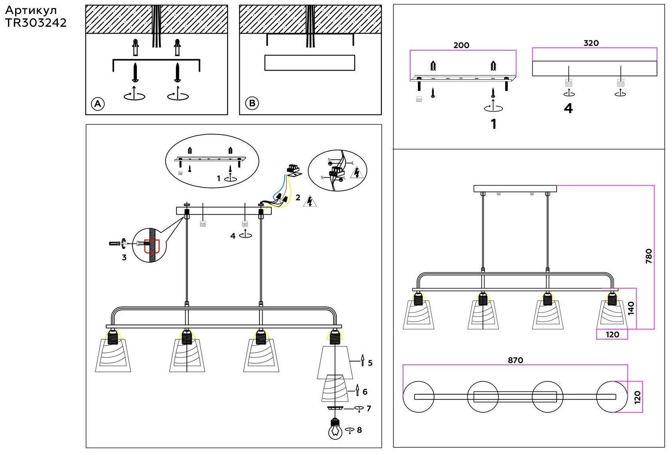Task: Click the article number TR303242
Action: [36, 23]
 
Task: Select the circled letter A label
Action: [98, 104]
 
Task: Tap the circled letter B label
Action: [252, 103]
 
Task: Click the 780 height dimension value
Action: [649, 256]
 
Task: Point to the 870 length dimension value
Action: [515, 360]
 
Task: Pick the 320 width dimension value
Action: [591, 43]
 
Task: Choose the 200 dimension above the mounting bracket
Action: [461, 45]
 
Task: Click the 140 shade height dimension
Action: [631, 308]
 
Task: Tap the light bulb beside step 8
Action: [335, 429]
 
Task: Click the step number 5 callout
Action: [370, 363]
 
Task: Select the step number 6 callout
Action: [365, 392]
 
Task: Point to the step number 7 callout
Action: [369, 408]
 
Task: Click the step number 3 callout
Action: [124, 257]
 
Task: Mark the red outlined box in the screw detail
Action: [152, 246]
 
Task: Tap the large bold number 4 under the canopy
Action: [568, 109]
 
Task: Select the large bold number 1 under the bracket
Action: [494, 124]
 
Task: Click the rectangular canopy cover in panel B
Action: [310, 63]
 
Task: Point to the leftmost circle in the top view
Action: [418, 397]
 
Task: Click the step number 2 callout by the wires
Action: [298, 198]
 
